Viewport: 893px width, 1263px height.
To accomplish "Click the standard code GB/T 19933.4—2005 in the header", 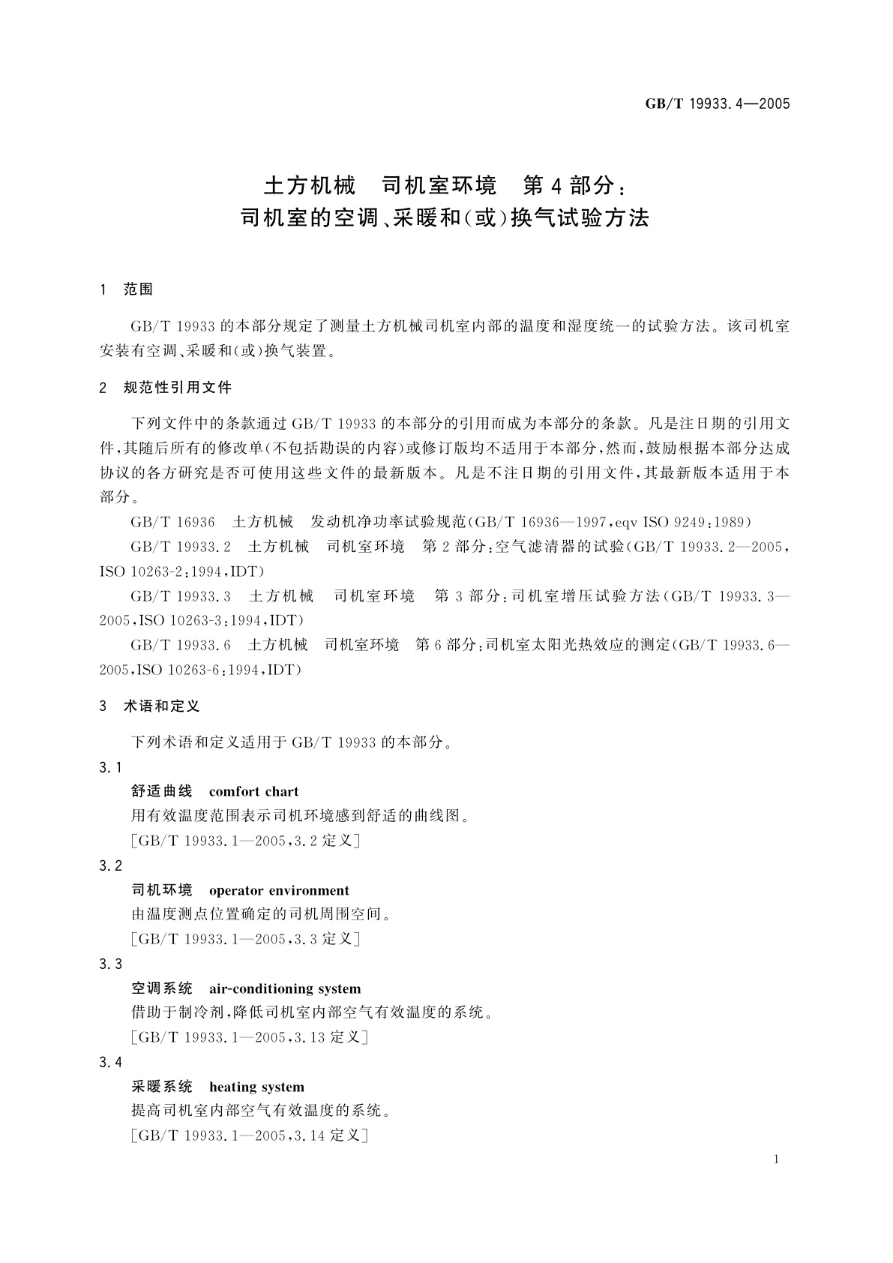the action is [718, 104].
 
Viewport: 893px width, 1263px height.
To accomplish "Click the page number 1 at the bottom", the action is [776, 1159].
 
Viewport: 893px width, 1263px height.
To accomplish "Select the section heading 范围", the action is [138, 289].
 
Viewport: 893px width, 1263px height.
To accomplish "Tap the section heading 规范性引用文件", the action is [178, 388].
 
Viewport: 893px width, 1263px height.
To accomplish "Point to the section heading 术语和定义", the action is [161, 706].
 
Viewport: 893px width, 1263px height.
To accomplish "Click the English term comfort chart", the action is [253, 791].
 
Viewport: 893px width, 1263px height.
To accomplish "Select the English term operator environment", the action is [279, 890].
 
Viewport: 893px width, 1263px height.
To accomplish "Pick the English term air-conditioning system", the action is [285, 988].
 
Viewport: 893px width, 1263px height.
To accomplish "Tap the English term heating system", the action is [256, 1087].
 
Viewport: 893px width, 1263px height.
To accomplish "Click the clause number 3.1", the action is [110, 767].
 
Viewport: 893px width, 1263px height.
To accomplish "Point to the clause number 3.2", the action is [110, 866].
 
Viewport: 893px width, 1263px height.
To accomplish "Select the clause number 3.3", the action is [110, 964].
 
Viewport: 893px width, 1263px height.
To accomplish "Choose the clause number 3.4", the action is [110, 1063].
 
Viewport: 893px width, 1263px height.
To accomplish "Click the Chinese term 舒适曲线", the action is [162, 791].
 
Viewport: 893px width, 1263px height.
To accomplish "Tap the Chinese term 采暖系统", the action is [162, 1087].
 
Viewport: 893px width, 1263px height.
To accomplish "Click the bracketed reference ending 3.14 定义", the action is [248, 1135].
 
